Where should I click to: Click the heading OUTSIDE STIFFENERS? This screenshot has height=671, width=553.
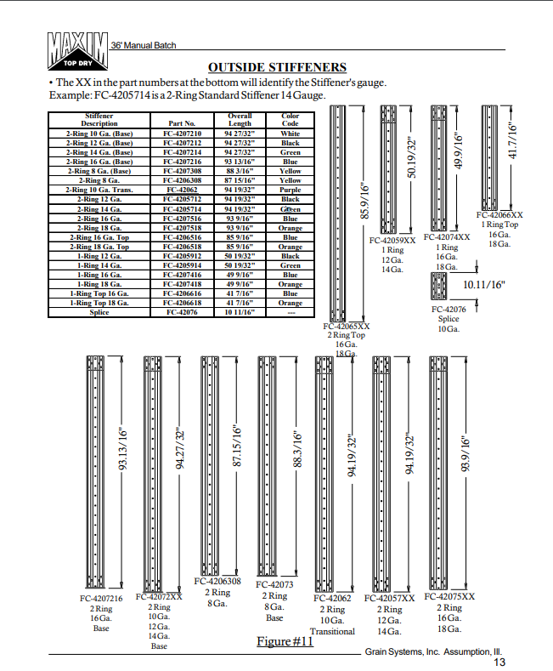tap(277, 67)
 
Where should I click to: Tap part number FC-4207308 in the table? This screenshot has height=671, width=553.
tap(183, 171)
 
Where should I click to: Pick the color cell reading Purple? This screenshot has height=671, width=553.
tap(291, 190)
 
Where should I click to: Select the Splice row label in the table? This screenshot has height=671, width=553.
tap(99, 312)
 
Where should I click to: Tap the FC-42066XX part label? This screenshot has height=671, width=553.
tap(499, 215)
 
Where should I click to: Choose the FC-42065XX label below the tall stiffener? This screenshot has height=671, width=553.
tap(347, 326)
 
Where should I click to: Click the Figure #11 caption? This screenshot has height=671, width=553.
tap(285, 640)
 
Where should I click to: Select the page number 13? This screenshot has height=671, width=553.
tap(499, 662)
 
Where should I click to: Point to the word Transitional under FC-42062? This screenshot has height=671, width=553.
tap(332, 631)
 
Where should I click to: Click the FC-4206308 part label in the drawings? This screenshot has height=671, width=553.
tap(217, 582)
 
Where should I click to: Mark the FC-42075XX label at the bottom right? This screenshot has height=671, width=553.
tap(449, 597)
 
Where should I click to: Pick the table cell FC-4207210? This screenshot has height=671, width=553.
tap(183, 134)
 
